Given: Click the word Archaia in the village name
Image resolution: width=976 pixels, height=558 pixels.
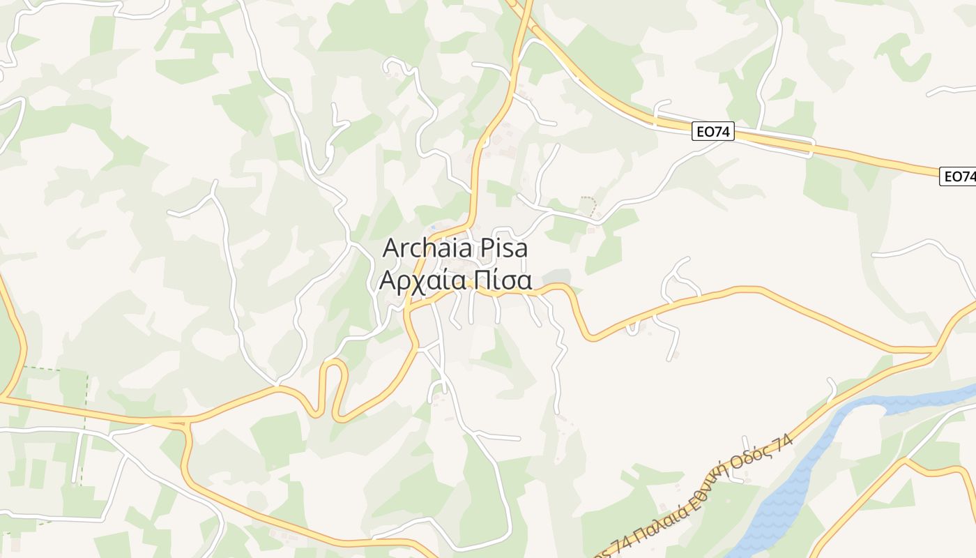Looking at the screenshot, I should click(426, 248).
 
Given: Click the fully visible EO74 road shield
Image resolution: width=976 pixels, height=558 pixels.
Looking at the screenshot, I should click(713, 131).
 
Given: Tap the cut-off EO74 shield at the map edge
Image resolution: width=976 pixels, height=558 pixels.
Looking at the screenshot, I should click(959, 176).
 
